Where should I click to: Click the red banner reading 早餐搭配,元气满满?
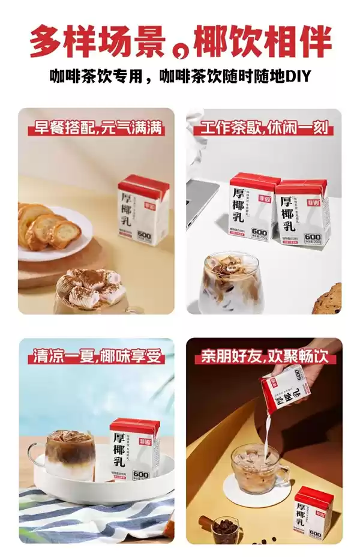(x=97, y=128)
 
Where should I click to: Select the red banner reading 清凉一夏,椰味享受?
(x=96, y=357)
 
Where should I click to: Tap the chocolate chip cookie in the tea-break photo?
(x=328, y=298)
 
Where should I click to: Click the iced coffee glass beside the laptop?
(x=231, y=282)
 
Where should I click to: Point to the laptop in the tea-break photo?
(x=201, y=198)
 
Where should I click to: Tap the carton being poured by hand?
(x=287, y=390)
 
